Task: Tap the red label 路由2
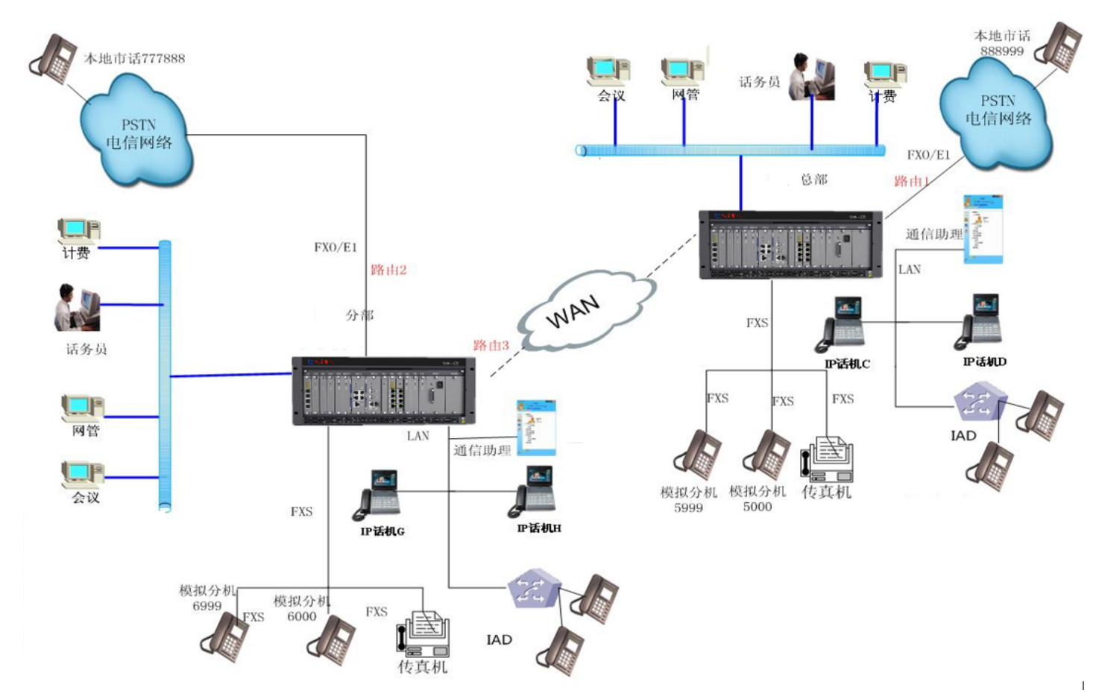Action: point(388,270)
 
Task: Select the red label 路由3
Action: point(491,345)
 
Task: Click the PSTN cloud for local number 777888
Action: point(137,134)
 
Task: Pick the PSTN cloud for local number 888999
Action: point(996,112)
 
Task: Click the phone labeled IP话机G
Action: point(379,495)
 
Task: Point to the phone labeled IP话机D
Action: point(979,322)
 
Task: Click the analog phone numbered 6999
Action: point(224,637)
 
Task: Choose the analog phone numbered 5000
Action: point(767,455)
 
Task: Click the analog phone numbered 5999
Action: point(697,454)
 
